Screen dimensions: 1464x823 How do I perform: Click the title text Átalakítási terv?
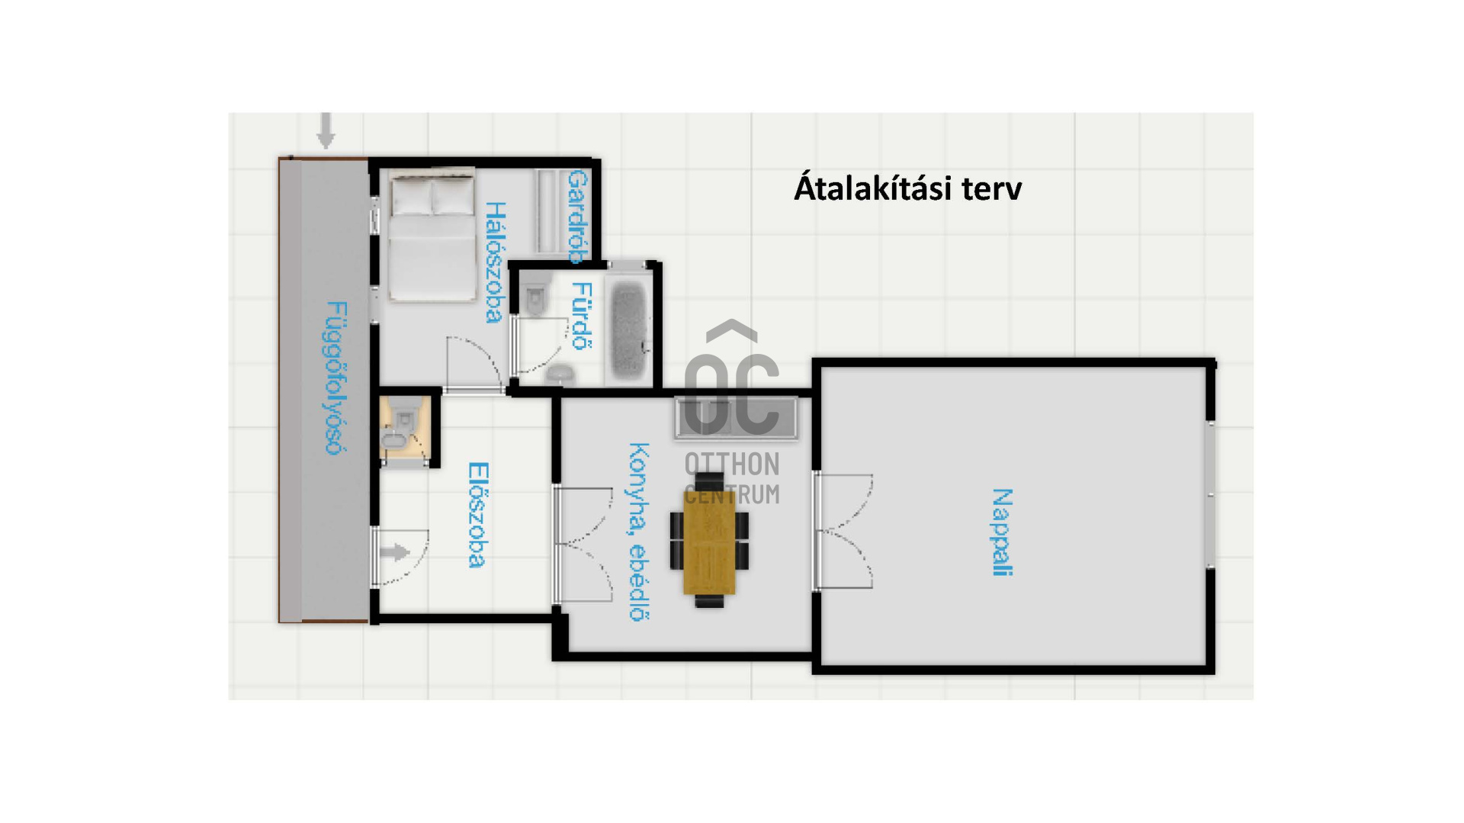pos(907,188)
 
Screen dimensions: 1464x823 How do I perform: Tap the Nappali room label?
pos(1002,532)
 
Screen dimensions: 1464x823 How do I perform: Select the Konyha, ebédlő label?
pos(639,532)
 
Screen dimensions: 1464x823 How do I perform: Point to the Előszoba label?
pos(477,515)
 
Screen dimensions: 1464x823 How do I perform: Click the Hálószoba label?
pos(495,262)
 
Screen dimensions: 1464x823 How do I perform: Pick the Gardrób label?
pos(578,217)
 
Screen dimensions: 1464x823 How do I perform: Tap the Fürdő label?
pos(582,316)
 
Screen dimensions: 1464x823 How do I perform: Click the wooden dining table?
pos(709,541)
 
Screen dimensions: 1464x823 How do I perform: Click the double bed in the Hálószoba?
pos(431,236)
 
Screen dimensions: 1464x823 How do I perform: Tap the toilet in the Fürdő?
pos(536,295)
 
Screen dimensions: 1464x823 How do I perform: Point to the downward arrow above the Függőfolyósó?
pos(326,130)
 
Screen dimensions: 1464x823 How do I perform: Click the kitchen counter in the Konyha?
pos(736,419)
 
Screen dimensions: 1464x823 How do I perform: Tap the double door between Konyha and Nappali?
pos(842,531)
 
